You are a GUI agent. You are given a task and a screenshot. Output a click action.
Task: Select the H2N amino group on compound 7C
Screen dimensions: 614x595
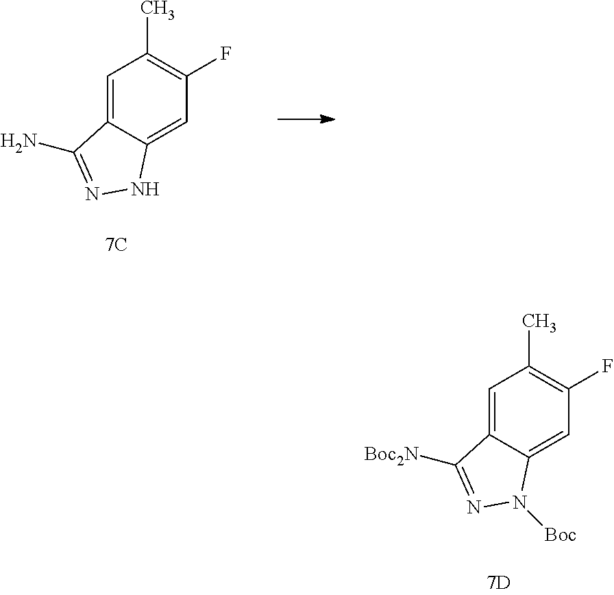19,143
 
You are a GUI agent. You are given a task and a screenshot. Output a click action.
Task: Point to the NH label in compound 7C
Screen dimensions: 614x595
145,189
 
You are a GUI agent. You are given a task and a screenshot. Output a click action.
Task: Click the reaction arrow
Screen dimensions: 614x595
306,119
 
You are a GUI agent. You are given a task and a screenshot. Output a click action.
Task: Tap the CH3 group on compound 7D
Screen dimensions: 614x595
539,322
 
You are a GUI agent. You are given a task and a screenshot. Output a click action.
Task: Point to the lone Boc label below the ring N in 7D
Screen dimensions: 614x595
560,534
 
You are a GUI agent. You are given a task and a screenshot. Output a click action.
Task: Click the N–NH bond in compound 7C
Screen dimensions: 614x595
115,193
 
